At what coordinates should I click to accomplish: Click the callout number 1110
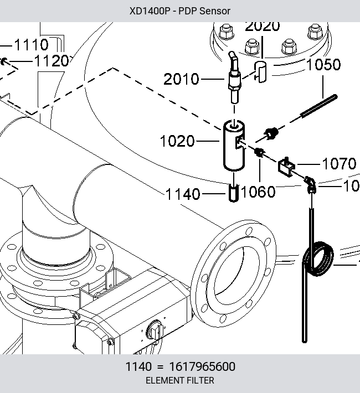(x=32, y=45)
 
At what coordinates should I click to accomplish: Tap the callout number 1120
(x=51, y=61)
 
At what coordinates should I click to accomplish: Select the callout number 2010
(x=181, y=79)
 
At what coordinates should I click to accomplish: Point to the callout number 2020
(x=262, y=27)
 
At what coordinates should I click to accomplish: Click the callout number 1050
(x=323, y=65)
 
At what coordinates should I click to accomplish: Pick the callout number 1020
(x=177, y=141)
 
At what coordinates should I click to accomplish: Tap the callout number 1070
(x=339, y=164)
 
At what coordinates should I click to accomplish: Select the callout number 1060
(x=258, y=192)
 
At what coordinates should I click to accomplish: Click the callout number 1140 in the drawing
(x=183, y=194)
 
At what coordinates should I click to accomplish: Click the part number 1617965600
(x=203, y=366)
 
